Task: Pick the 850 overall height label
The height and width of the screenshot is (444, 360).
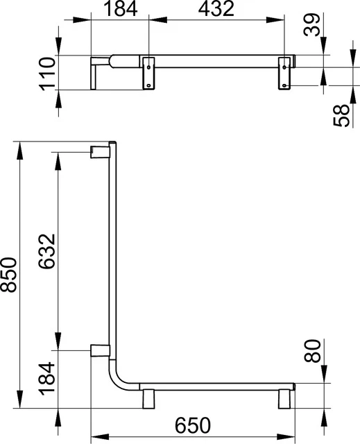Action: [x=9, y=275]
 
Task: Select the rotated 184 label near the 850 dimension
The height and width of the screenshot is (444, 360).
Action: [x=46, y=379]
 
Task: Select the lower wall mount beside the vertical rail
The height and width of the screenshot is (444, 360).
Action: [x=98, y=350]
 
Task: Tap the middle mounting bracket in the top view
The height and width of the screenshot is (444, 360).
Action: [x=148, y=72]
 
